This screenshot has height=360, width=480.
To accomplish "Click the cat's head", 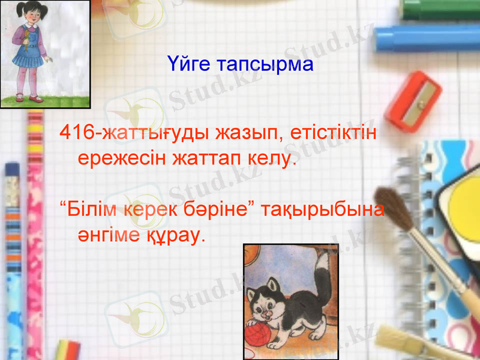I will tap(270, 300).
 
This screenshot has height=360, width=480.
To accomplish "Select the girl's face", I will tap(31, 18).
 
